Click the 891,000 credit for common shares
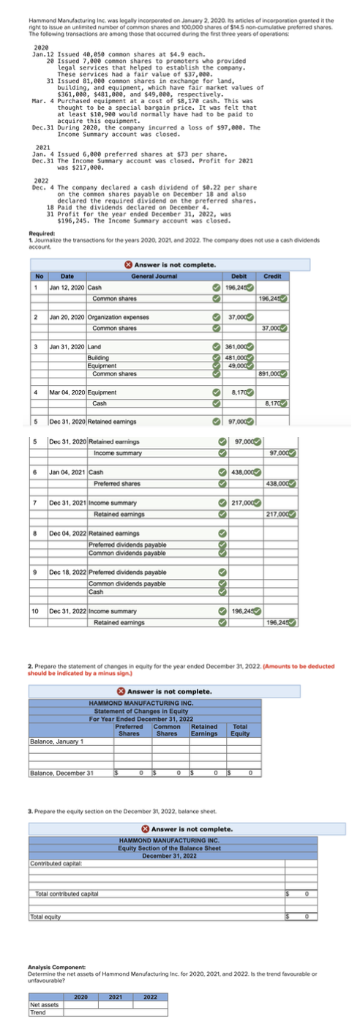270,373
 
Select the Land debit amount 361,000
240,345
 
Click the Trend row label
38,1012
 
